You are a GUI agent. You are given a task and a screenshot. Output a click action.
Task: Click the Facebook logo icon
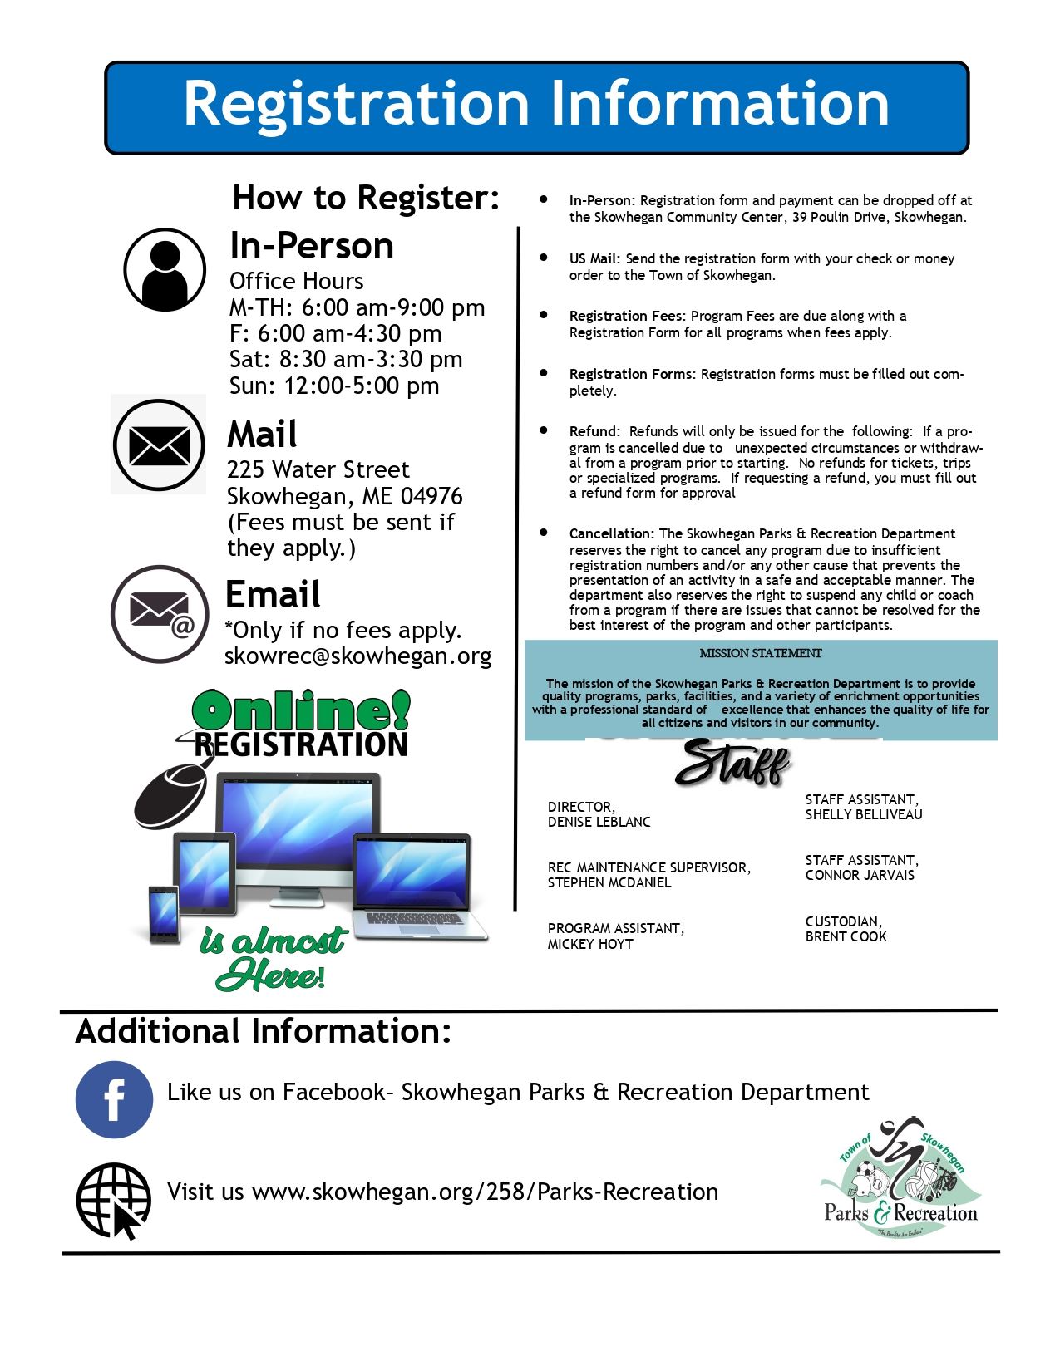click(x=114, y=1099)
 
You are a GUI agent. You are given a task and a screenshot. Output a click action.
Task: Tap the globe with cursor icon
click(x=114, y=1200)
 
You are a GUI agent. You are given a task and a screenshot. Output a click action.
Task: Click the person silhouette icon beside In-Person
click(x=165, y=270)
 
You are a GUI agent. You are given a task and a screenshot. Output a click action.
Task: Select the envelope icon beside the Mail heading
click(x=159, y=445)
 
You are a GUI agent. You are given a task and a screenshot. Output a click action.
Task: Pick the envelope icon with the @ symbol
click(x=160, y=614)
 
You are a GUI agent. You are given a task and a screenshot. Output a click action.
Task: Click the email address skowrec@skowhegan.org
click(x=357, y=656)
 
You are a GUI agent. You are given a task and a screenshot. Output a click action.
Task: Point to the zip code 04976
click(x=431, y=496)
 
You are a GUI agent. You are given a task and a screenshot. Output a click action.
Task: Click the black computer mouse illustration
click(x=171, y=795)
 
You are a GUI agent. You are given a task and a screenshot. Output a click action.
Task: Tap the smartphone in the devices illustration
click(x=164, y=915)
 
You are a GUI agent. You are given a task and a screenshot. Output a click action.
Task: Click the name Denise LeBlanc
click(x=599, y=823)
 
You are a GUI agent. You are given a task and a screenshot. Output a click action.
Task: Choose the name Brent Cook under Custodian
click(x=846, y=937)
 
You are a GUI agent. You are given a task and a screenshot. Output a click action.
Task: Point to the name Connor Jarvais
click(x=859, y=876)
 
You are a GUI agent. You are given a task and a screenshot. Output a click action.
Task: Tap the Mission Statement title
click(x=760, y=654)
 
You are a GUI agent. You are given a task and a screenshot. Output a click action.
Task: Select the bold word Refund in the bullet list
click(x=594, y=432)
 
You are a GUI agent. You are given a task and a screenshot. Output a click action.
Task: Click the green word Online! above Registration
click(x=301, y=711)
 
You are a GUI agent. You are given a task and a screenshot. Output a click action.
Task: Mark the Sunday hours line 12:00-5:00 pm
click(x=334, y=386)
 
